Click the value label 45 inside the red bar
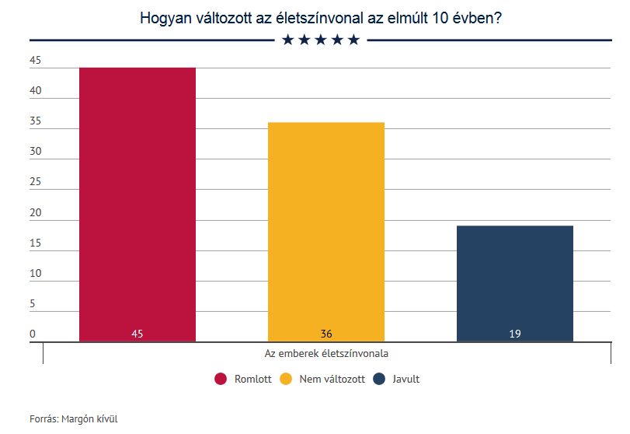(x=137, y=334)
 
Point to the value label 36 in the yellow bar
(x=326, y=334)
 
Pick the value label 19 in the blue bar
(x=515, y=334)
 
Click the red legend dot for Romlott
(x=221, y=379)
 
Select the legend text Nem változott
(x=332, y=379)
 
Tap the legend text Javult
(x=405, y=379)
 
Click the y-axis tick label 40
(x=35, y=91)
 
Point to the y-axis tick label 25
(x=35, y=182)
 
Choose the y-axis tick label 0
(x=33, y=334)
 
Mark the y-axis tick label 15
(x=35, y=243)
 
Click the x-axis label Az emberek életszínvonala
(x=326, y=352)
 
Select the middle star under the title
(x=320, y=40)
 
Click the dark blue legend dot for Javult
(x=380, y=379)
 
